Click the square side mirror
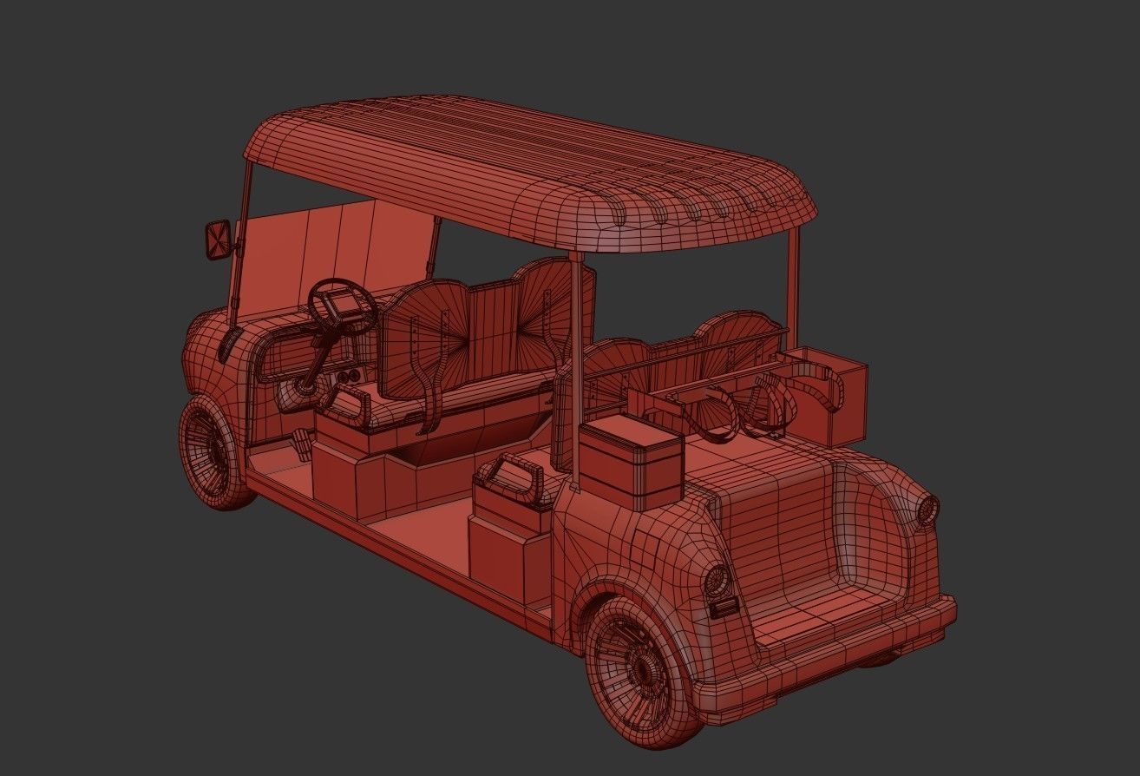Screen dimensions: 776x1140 coord(217,240)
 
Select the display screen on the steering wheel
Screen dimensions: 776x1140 coord(339,305)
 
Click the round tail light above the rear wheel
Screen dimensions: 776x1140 coord(717,577)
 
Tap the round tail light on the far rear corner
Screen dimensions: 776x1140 coord(927,508)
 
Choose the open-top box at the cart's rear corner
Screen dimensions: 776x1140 coord(826,395)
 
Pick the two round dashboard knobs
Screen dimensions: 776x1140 coord(347,378)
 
